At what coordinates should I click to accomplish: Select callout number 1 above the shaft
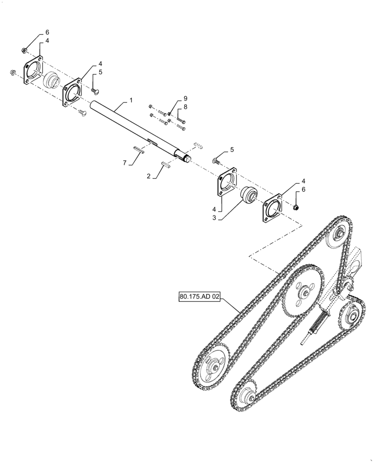131,100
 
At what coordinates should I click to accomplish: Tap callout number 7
124,163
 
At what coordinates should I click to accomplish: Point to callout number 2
149,175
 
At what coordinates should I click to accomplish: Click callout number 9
185,99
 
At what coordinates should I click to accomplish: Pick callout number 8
185,107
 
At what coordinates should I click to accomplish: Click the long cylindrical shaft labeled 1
134,126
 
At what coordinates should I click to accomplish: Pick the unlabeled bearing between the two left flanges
52,81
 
